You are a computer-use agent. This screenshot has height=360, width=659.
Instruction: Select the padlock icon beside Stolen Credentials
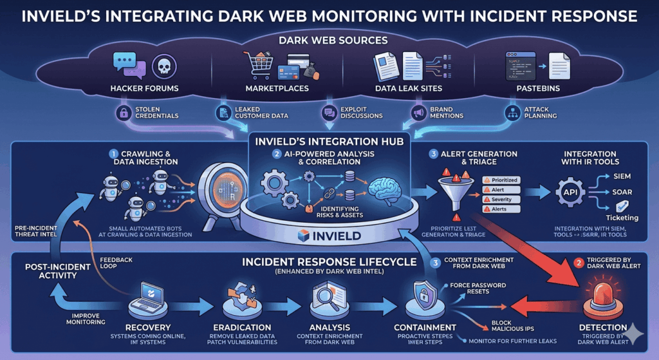(123, 113)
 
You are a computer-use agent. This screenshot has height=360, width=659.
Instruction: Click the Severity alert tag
(501, 200)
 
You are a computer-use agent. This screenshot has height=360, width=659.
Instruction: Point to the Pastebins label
(533, 88)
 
